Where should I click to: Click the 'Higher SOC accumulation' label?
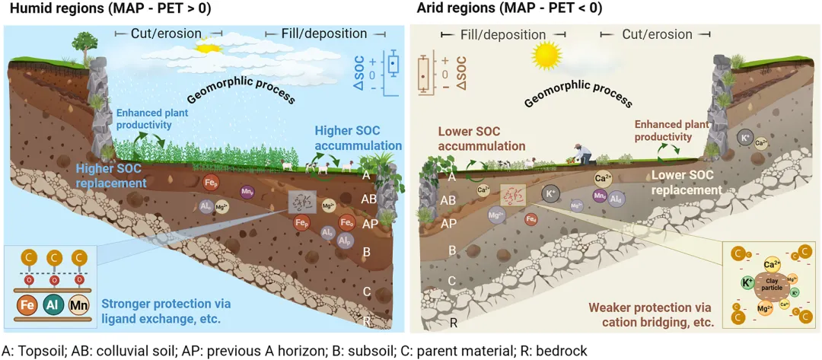[x=358, y=139]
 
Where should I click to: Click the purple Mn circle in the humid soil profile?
[x=247, y=193]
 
